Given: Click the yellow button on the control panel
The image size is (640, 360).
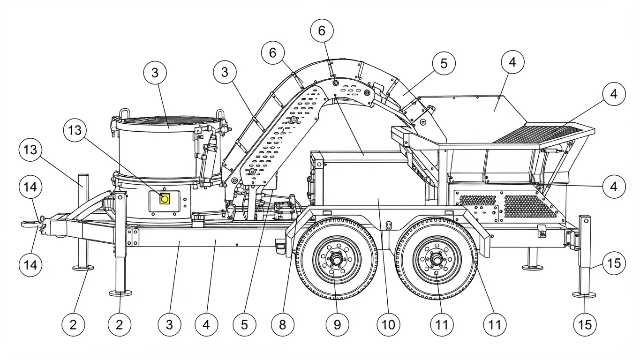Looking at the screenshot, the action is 165,199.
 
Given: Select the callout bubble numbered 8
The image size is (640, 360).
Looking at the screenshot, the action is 282,324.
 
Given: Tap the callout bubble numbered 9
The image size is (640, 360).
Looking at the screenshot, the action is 338,324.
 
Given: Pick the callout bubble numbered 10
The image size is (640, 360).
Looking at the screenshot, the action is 388,324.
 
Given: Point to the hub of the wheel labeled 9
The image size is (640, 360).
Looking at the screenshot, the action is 337,259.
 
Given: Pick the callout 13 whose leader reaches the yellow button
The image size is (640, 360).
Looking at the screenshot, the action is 75,131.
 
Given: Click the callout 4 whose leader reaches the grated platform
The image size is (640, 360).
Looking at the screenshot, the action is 614,94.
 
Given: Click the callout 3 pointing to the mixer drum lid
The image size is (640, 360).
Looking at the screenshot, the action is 155,73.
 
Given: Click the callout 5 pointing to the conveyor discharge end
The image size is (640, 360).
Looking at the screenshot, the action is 444,63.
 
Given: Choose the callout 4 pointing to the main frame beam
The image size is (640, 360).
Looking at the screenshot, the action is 206,324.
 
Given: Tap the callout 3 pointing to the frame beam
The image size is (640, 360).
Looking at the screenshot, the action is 169,324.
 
